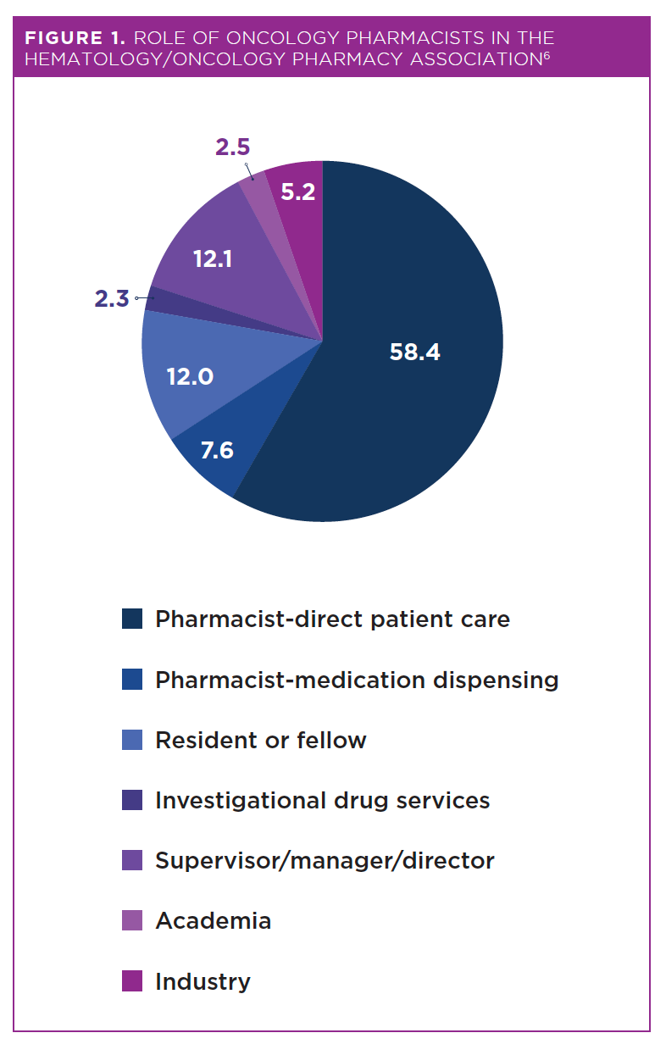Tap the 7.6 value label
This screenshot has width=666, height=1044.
(216, 450)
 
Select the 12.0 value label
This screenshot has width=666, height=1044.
(190, 376)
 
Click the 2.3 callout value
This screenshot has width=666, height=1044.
(111, 298)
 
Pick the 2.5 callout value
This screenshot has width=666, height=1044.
(232, 147)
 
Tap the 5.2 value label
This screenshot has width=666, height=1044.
(297, 192)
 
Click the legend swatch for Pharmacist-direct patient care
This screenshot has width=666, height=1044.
(131, 619)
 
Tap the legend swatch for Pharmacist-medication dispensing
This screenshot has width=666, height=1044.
(131, 680)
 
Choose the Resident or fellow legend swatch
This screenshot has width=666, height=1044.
(131, 740)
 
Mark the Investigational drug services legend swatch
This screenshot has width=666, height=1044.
(131, 800)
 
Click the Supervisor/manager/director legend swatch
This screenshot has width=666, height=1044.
(131, 861)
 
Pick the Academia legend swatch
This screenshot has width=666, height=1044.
(131, 921)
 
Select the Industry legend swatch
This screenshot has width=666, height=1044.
(131, 981)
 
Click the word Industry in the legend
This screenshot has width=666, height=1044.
(203, 981)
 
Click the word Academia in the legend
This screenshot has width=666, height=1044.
(213, 921)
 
